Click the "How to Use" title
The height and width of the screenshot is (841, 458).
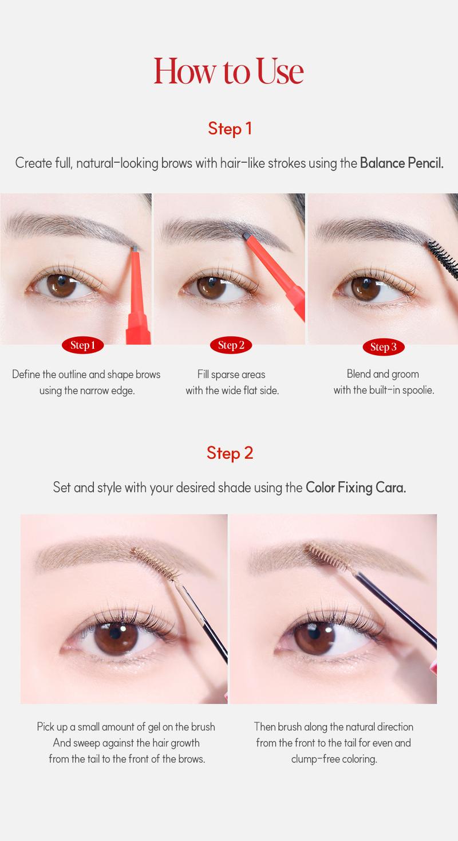click(228, 71)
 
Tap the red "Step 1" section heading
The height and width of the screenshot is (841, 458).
click(230, 128)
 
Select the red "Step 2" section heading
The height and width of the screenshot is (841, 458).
click(230, 453)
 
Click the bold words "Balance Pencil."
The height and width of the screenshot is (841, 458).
click(401, 163)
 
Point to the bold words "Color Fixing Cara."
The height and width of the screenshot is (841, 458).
click(356, 488)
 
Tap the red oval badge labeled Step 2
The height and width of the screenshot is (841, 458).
click(231, 345)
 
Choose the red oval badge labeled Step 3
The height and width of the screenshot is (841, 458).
click(383, 347)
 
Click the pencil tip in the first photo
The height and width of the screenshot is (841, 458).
click(134, 248)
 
